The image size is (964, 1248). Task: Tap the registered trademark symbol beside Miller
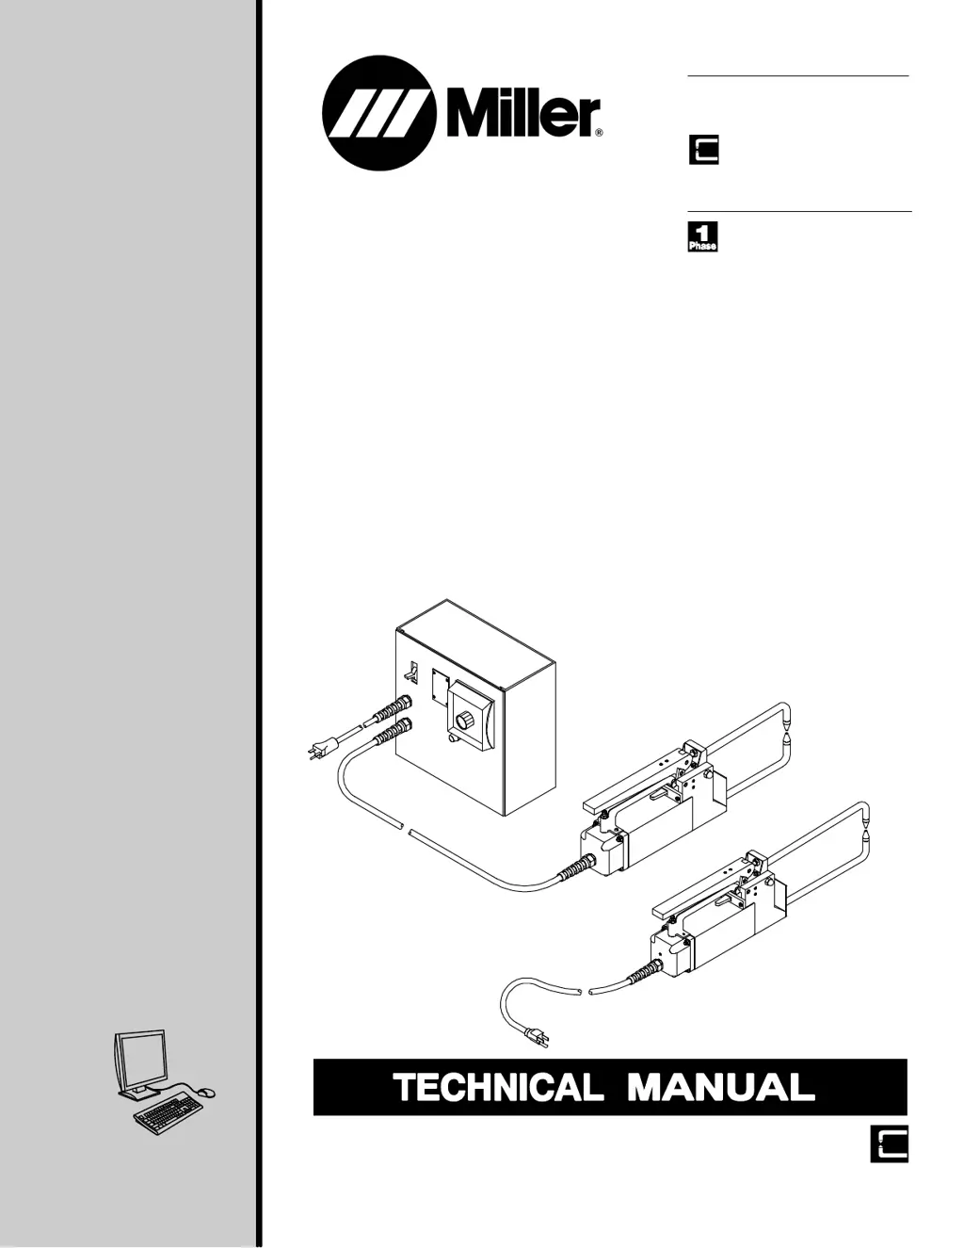(x=598, y=134)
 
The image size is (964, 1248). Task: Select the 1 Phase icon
(x=703, y=236)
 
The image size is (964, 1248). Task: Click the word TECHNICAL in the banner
(x=497, y=1088)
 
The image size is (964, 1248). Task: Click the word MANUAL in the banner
(x=720, y=1088)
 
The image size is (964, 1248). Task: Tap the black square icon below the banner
(x=889, y=1143)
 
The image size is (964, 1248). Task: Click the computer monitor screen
(x=141, y=1059)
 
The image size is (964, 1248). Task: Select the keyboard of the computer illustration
(x=169, y=1115)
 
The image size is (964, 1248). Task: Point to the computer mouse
(x=208, y=1092)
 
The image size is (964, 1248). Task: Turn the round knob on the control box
(x=464, y=721)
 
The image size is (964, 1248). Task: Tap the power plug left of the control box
(x=317, y=751)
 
